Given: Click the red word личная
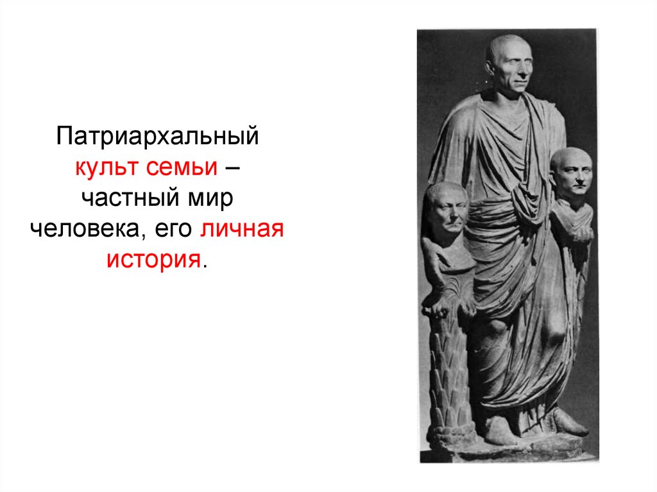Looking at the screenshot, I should click(241, 230).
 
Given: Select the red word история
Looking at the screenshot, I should click(153, 260).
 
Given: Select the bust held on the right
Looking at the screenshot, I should click(570, 176).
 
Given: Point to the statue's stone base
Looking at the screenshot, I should click(507, 452).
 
